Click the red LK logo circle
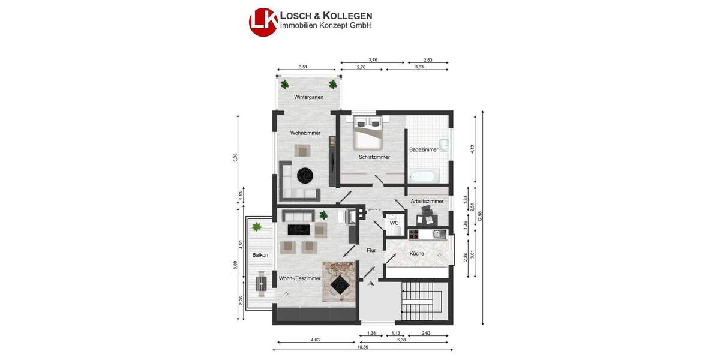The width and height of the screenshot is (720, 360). (x=263, y=22)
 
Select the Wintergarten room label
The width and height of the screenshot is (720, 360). (x=308, y=97)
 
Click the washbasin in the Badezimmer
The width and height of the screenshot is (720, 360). (x=443, y=144)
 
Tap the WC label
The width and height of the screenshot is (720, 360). (x=394, y=223)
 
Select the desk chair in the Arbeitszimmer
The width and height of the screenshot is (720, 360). (x=427, y=211)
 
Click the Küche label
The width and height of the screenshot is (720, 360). (x=416, y=253)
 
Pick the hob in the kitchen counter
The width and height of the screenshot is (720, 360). (x=415, y=234)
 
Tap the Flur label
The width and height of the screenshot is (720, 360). (x=371, y=250)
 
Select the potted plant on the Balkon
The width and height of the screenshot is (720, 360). (x=257, y=226)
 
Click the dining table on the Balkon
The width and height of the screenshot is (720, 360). (x=262, y=283)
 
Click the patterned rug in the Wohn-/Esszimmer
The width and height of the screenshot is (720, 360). (x=340, y=281)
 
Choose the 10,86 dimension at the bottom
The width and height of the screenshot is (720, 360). (x=363, y=347)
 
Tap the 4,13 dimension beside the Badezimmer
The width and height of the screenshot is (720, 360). (x=473, y=148)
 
